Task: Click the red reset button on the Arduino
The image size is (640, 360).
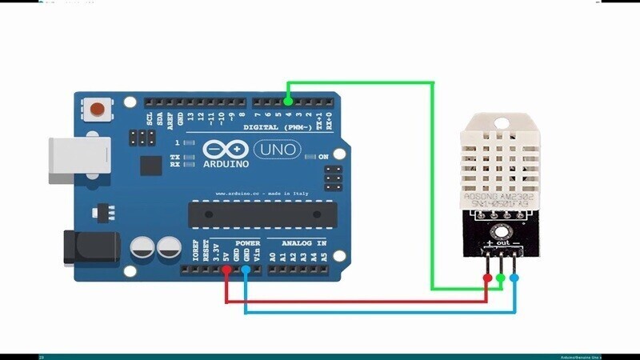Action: (x=98, y=109)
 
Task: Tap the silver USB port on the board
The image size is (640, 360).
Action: (x=78, y=155)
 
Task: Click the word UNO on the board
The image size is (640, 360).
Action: (x=277, y=149)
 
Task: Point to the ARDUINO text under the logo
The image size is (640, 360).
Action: (x=226, y=164)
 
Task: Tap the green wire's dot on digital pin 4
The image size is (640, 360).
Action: (x=288, y=102)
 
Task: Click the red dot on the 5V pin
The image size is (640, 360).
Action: (x=227, y=270)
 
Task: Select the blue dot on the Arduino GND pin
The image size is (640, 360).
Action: (x=245, y=270)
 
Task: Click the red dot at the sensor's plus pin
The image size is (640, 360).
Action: (x=488, y=278)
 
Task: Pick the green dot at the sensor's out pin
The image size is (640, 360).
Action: (x=501, y=278)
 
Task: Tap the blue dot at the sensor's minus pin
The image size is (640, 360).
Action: (x=514, y=278)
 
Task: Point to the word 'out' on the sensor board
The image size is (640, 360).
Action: (x=502, y=242)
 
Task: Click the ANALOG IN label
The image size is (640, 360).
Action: (x=303, y=242)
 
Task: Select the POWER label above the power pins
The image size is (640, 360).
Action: (x=247, y=242)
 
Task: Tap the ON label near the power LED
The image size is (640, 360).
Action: (x=325, y=157)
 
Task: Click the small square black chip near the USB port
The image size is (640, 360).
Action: (x=150, y=165)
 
